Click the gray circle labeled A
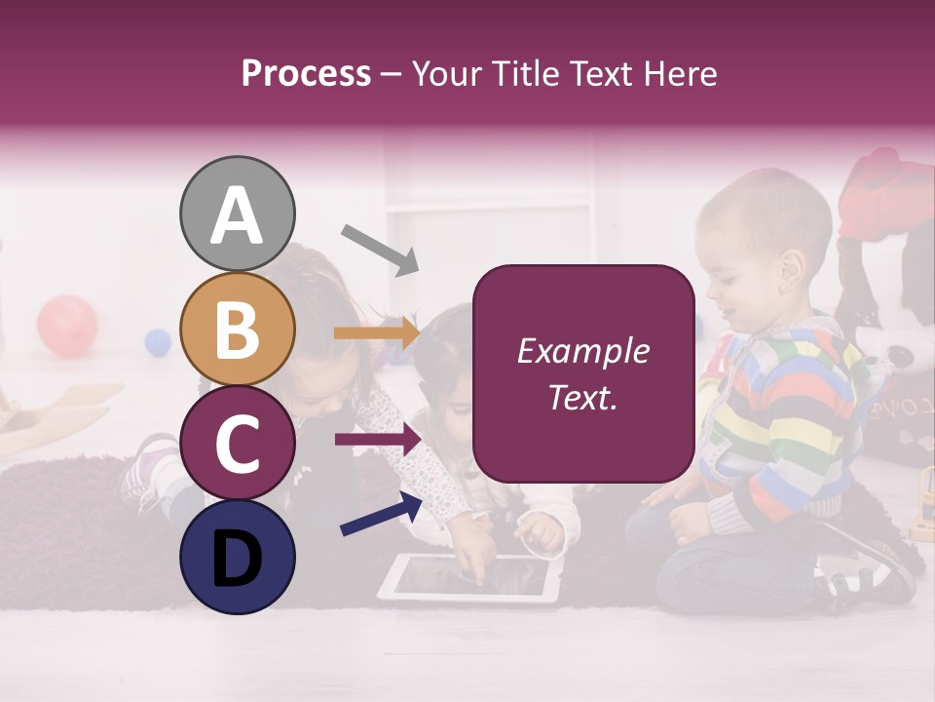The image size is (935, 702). point(237,214)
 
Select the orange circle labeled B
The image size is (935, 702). point(237,330)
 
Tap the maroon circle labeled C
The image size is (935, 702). point(237,444)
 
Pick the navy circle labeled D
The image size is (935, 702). point(237,557)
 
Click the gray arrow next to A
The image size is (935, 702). point(379,249)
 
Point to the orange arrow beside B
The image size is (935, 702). point(377,333)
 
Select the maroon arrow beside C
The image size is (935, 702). point(378,441)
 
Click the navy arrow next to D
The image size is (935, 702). point(381,514)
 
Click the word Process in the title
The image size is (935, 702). point(306,73)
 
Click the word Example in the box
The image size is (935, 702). point(582,351)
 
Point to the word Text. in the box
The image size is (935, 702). point(582,397)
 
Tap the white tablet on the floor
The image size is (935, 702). point(469,578)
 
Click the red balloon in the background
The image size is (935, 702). point(67,326)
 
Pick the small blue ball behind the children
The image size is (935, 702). point(158,341)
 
